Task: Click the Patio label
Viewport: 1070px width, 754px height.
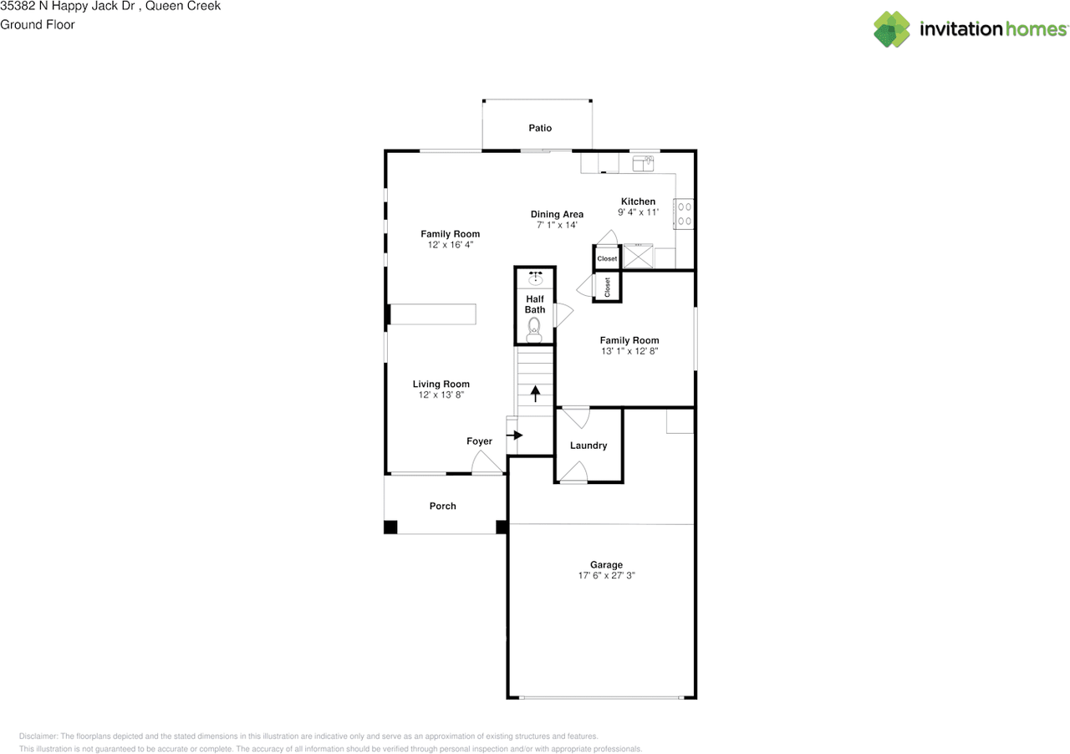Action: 540,128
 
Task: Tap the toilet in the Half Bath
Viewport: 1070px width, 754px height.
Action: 534,334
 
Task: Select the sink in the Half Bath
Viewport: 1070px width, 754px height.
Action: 535,278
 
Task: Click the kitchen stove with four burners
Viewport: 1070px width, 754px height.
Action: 685,213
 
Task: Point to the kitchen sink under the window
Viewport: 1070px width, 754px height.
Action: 645,163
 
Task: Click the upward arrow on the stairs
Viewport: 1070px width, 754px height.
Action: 536,392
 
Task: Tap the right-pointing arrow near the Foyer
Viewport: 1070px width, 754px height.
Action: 515,435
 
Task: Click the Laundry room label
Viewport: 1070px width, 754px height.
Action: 588,446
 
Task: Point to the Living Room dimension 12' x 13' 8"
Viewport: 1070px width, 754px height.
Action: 441,395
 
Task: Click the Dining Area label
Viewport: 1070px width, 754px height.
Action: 557,214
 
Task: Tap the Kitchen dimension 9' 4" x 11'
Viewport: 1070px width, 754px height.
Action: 638,212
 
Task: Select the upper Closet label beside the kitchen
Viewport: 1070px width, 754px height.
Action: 607,259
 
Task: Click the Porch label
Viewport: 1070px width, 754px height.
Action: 442,506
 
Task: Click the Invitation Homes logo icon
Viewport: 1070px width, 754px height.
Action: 892,29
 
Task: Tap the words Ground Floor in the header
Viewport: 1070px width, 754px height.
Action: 38,24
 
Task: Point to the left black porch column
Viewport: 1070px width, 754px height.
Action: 390,527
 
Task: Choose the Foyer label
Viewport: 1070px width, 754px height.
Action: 479,441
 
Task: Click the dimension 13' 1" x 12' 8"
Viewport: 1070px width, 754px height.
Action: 629,352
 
